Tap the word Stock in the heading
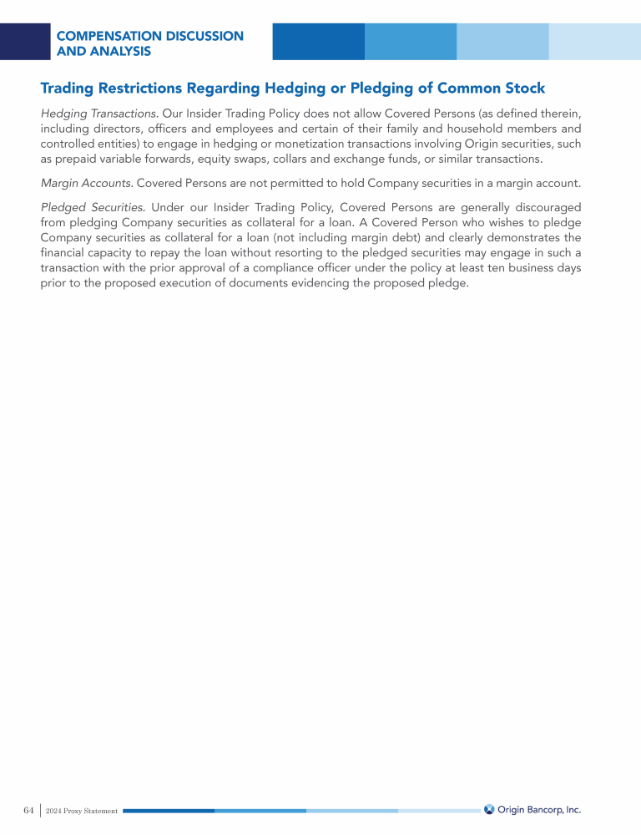(x=522, y=88)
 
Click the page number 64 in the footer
(x=28, y=810)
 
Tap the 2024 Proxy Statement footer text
(x=82, y=811)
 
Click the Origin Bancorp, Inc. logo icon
(x=489, y=809)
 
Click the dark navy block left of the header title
(x=25, y=42)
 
